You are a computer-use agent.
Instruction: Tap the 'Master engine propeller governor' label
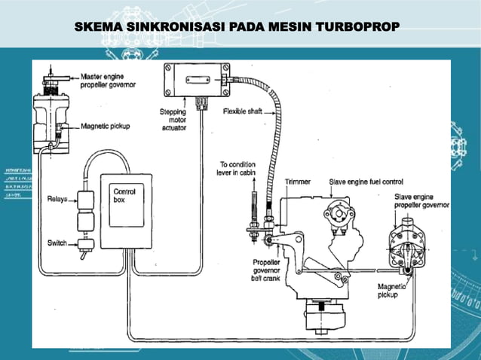[x=109, y=81]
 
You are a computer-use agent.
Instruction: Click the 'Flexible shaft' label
[x=242, y=112]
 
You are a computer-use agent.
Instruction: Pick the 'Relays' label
[x=56, y=200]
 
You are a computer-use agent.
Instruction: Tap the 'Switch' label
[x=56, y=243]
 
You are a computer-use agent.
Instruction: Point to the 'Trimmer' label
[x=296, y=182]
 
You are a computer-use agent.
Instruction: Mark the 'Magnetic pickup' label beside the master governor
[x=105, y=127]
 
